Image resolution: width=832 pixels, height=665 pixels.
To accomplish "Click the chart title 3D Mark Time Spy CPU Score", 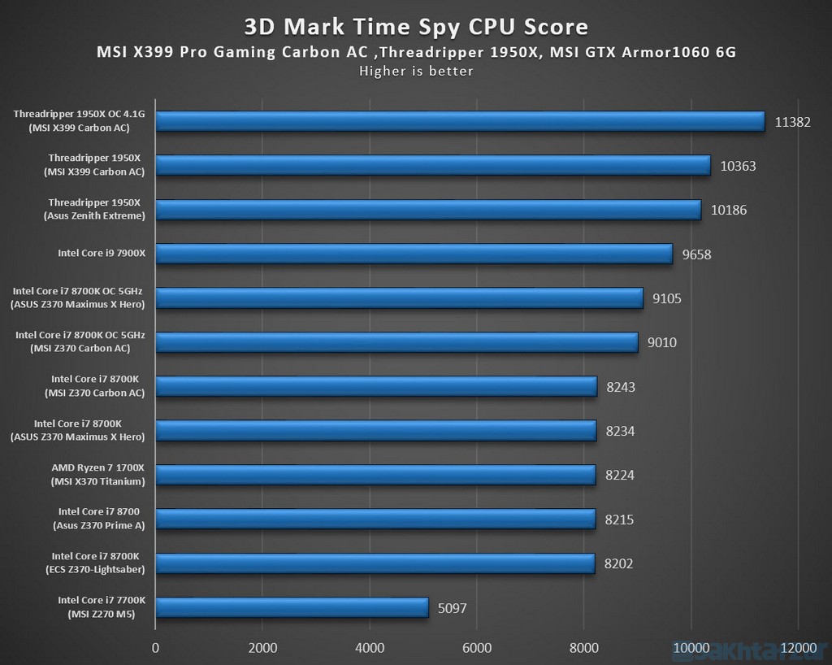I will coord(416,27).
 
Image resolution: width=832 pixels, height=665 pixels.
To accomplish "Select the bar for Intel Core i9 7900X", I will coord(414,254).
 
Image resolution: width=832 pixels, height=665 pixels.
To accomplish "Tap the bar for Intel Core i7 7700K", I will coord(292,607).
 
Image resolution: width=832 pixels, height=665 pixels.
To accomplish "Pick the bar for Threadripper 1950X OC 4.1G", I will coord(460,121).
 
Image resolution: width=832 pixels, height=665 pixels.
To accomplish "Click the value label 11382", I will coord(793,122).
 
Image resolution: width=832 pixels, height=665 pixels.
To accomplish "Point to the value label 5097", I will coord(452,608).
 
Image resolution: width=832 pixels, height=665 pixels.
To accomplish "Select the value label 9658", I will coord(697,254).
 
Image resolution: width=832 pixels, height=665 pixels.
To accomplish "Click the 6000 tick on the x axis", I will coord(476,648).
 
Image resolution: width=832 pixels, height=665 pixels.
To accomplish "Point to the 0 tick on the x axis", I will coord(155,648).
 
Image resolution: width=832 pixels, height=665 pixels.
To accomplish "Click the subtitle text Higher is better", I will coord(416,71).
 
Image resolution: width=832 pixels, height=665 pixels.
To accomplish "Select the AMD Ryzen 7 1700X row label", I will coord(97,475).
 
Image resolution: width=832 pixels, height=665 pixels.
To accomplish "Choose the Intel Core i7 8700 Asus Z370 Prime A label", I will coord(99,519).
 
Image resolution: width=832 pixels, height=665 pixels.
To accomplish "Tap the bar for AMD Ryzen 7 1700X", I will coord(375,475).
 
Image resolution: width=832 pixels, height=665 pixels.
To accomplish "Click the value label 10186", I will coord(729,211).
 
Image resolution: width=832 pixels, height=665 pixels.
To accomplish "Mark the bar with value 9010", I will coord(396,342).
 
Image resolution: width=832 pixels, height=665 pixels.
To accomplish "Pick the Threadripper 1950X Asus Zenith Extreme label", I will coord(94,209).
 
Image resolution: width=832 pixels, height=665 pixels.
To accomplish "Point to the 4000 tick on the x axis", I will coord(369,648).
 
